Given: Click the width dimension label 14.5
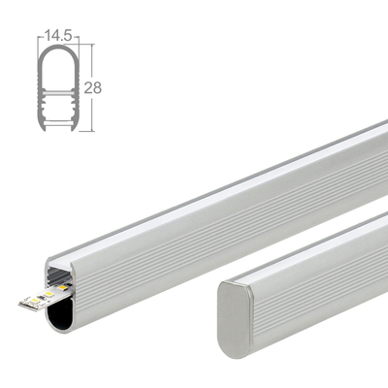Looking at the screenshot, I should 55,38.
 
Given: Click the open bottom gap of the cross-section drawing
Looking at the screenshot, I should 55,128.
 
